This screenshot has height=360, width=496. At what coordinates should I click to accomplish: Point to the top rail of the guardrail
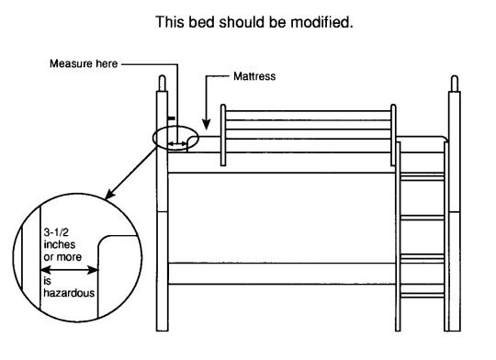click(x=309, y=114)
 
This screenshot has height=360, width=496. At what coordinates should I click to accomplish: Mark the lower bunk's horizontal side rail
click(x=280, y=273)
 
